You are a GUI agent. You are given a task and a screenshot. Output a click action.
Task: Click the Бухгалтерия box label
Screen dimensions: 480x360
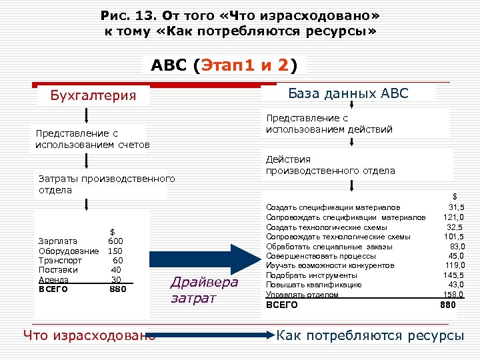point(93,96)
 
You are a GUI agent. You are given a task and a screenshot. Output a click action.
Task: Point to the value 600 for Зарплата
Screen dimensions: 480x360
point(115,241)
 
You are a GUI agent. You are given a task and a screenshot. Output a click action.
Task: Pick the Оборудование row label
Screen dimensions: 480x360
point(69,251)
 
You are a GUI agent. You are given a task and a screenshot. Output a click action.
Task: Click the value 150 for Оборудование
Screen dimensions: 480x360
point(115,251)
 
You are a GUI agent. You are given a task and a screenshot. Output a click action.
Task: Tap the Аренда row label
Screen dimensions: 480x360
point(54,279)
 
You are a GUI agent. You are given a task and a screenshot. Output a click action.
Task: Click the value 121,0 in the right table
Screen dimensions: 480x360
point(453,217)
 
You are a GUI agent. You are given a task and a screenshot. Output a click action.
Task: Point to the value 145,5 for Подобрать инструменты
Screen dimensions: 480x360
point(453,275)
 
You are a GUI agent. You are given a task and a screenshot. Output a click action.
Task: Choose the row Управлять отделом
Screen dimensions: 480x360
point(302,295)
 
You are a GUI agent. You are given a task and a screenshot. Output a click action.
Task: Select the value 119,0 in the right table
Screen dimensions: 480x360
point(453,265)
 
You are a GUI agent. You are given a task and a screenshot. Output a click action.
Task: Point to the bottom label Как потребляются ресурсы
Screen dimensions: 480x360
point(370,335)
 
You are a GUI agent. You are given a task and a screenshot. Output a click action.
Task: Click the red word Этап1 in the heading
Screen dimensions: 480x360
point(230,65)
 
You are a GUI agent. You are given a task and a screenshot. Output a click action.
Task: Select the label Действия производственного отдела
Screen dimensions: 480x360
point(330,165)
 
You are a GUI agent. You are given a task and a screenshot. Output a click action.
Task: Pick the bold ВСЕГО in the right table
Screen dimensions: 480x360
point(282,305)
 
